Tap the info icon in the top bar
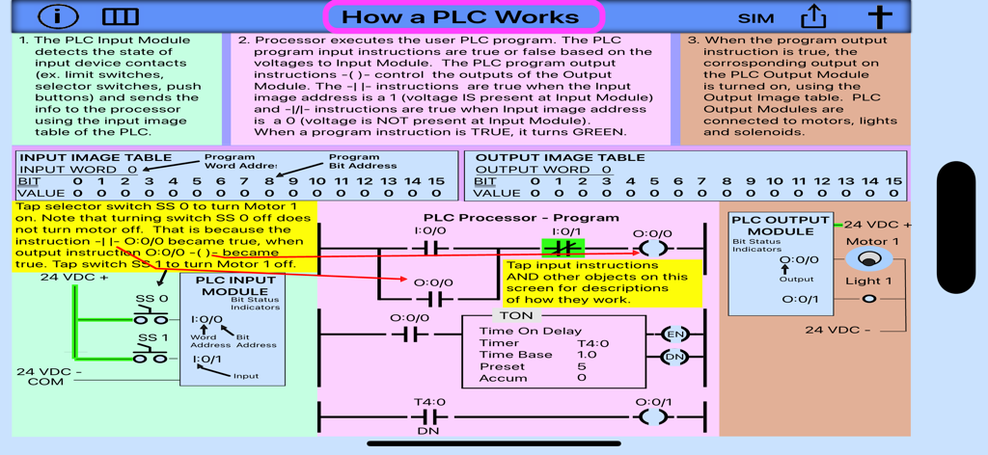(x=60, y=16)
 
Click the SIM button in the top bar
(x=755, y=17)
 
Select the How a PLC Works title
(x=463, y=16)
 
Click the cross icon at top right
(x=879, y=16)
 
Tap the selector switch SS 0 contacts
(x=151, y=318)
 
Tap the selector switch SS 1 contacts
(x=151, y=358)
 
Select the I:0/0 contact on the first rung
(x=432, y=248)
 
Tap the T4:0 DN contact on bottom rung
(x=429, y=417)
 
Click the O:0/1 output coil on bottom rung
(x=653, y=416)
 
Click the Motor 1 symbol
(x=869, y=259)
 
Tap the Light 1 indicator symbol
(x=869, y=299)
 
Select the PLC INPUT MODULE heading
(x=235, y=285)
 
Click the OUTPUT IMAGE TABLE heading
(x=560, y=157)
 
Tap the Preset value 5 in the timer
(x=582, y=366)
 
